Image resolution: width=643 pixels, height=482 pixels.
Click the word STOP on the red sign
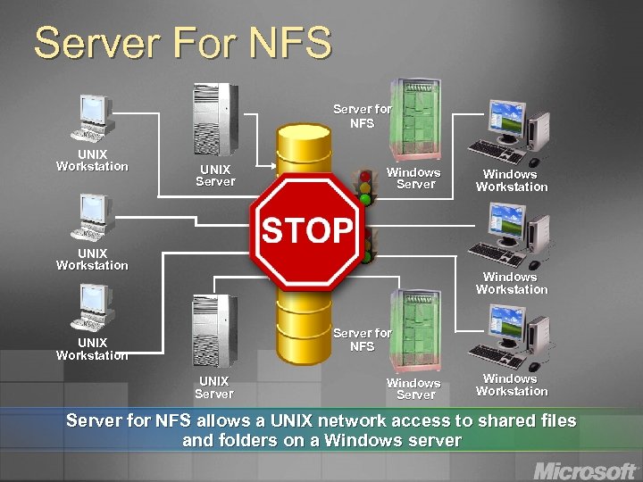(307, 230)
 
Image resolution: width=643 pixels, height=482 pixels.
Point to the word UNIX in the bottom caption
(259, 420)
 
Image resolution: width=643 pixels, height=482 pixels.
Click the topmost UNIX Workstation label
(92, 160)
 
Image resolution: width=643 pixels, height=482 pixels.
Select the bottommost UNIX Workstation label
(92, 349)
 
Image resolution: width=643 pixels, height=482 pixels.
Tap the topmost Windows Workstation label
(512, 180)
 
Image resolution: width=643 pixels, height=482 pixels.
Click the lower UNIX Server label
(214, 387)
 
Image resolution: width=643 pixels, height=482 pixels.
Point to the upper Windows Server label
(414, 178)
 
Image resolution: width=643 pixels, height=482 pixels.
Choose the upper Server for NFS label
(362, 116)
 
